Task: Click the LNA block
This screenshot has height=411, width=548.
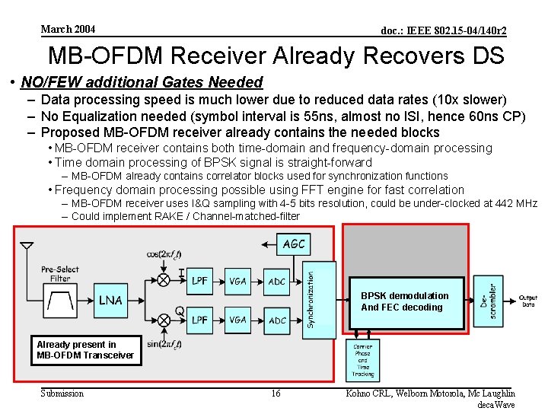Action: point(110,300)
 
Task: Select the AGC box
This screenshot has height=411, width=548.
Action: point(295,244)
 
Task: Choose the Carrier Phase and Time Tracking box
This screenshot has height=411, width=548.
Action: point(362,360)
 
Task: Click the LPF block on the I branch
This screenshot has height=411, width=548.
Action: point(199,281)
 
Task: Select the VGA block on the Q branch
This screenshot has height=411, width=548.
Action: point(238,320)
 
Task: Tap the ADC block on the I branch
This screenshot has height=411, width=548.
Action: point(277,281)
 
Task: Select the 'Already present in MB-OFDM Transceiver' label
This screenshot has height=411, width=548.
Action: point(85,350)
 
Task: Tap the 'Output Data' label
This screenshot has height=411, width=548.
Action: point(528,301)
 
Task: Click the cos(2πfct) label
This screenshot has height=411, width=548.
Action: point(165,253)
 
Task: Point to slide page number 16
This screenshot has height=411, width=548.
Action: point(276,393)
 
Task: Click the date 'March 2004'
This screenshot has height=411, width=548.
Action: point(68,29)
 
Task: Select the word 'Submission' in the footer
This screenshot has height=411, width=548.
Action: point(62,393)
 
